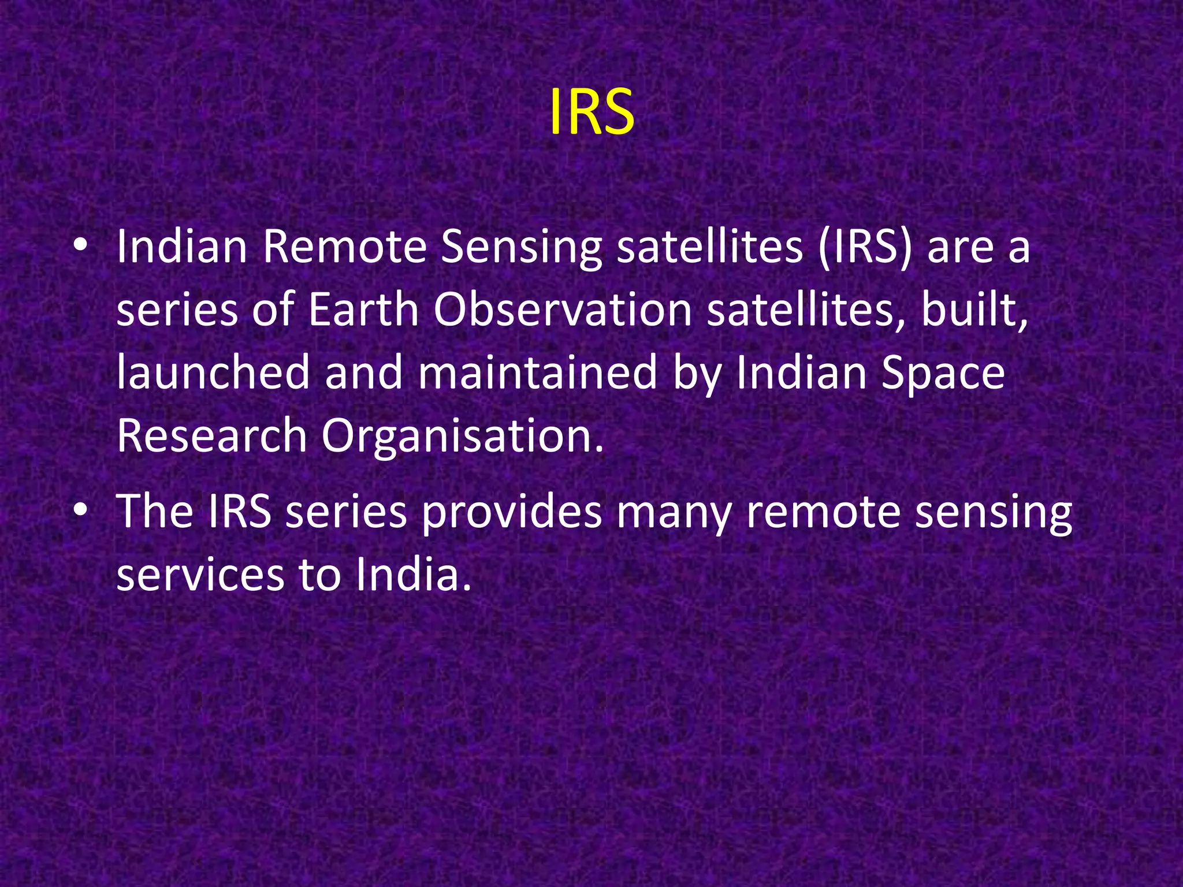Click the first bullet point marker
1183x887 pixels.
[80, 247]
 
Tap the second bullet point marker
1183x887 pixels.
[80, 510]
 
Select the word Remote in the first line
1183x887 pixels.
[345, 247]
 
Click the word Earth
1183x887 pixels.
[363, 310]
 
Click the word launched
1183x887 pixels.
[213, 372]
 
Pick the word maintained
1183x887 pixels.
[537, 372]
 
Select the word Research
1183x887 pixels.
[211, 435]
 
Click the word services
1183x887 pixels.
[200, 575]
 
